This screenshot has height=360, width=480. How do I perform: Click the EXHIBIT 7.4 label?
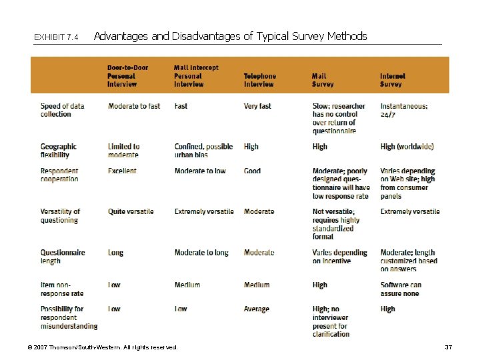[56, 37]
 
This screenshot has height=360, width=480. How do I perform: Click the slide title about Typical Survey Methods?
[230, 36]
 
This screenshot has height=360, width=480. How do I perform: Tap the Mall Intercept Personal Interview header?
[196, 76]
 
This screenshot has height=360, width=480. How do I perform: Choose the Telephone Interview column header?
[259, 80]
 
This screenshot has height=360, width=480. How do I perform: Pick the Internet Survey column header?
[393, 80]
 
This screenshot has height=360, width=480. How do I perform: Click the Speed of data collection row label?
[62, 110]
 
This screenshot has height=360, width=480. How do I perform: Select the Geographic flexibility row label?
[59, 151]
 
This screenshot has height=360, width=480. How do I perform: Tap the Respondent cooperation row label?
[59, 175]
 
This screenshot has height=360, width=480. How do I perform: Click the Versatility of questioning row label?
[60, 215]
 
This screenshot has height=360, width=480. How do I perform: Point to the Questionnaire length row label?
[63, 257]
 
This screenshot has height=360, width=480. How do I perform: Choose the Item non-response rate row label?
[62, 289]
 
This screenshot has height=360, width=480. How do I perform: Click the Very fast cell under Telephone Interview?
[257, 106]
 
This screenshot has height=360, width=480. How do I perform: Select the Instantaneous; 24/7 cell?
[404, 110]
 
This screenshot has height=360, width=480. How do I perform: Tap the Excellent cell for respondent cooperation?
[122, 171]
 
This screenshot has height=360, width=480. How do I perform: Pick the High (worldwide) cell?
[407, 147]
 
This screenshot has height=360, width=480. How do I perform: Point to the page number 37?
[448, 347]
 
